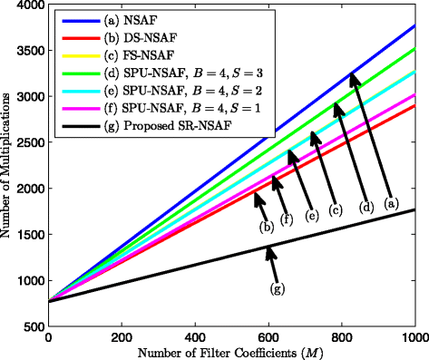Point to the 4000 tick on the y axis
click(x=28, y=5)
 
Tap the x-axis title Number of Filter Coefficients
click(x=230, y=352)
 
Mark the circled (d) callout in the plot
click(x=366, y=207)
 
